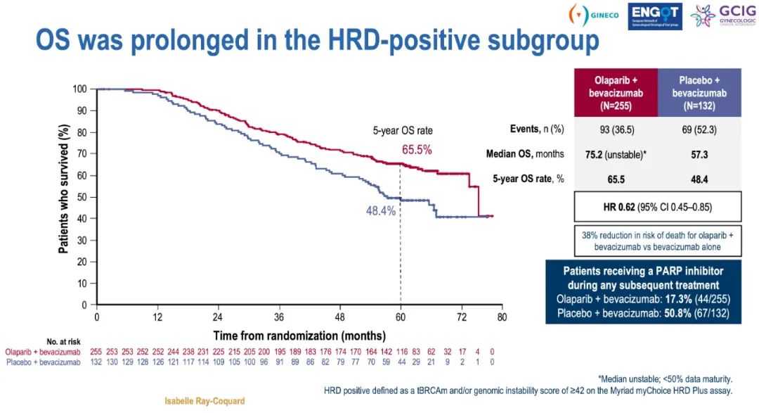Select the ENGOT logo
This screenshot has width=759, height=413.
(x=654, y=15)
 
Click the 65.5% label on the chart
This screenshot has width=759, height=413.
(x=417, y=150)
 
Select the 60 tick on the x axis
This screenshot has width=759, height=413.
(x=400, y=317)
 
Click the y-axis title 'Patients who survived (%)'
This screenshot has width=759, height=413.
(x=63, y=196)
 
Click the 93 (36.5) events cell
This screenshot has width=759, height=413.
(x=616, y=129)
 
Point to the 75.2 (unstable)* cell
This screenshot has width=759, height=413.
(x=616, y=154)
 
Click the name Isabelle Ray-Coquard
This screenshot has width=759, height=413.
(x=205, y=401)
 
